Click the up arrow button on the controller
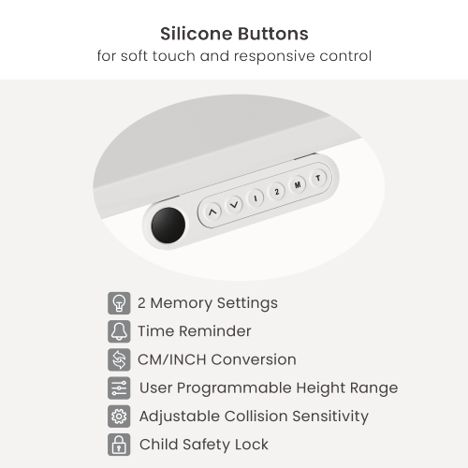pos(212,212)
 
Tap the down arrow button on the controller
pos(234,205)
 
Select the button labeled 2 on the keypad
pos(276,192)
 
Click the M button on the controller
pos(298,184)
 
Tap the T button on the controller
pos(318,178)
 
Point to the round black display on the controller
pos(168,225)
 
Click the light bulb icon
pos(119,303)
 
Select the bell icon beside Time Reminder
pos(119,331)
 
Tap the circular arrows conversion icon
pos(119,359)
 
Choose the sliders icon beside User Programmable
pos(119,388)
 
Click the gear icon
pos(119,417)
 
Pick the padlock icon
pos(119,445)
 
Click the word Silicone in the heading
pos(197,34)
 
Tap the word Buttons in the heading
pos(273,34)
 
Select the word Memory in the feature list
pos(182,303)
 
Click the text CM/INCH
pos(172,359)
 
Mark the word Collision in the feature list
pos(256,417)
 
